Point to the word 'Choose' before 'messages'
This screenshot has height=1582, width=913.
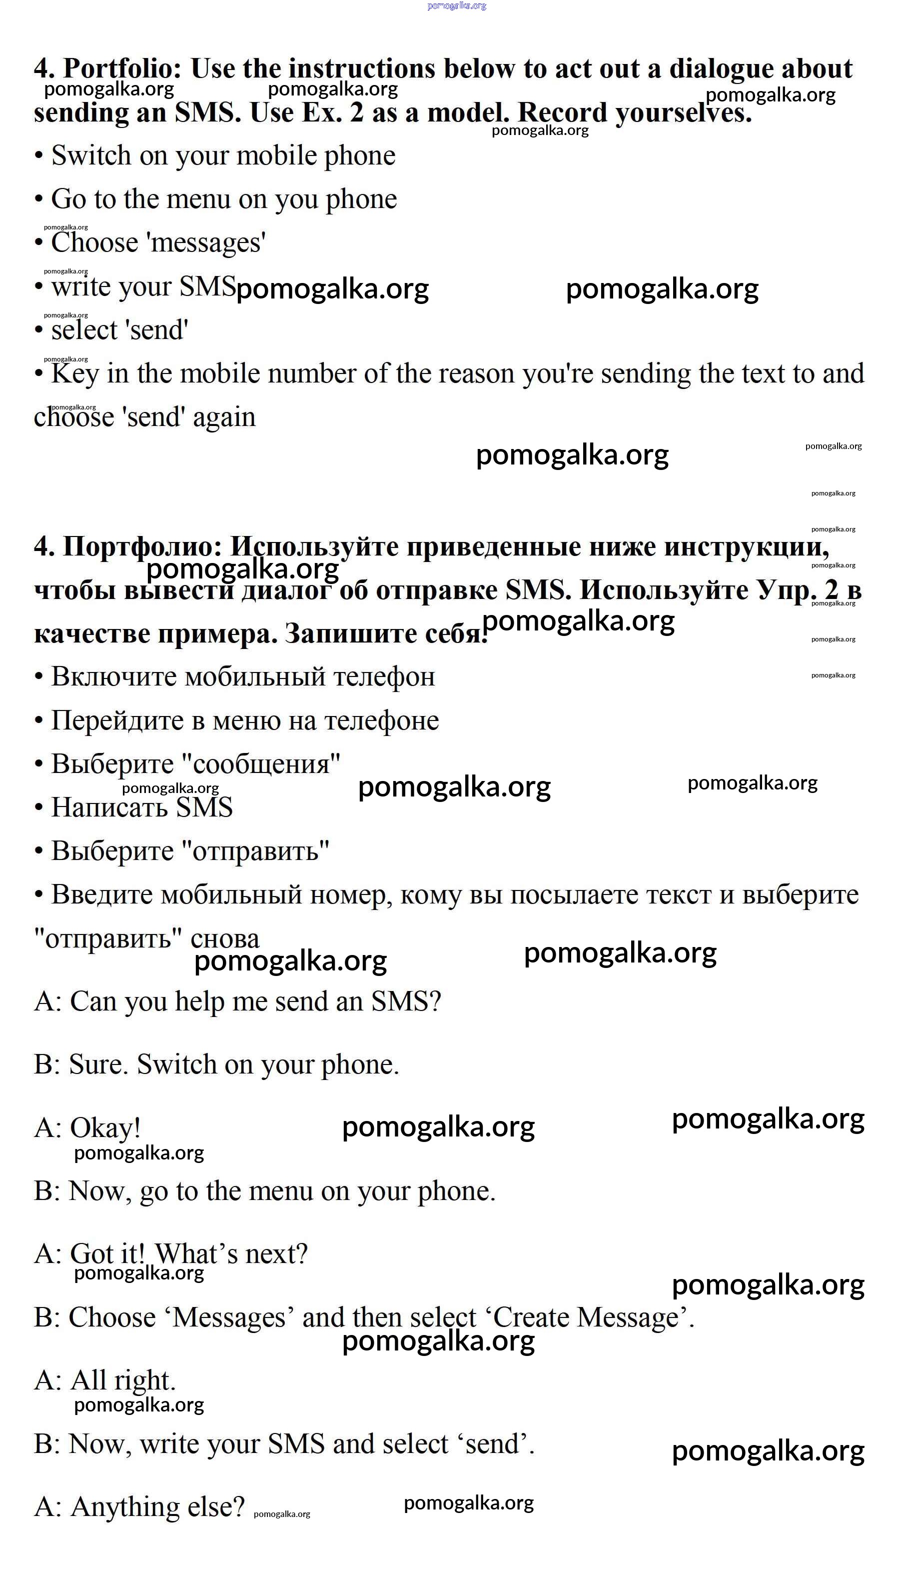[x=94, y=242]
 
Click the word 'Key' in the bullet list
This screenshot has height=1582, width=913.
[x=75, y=373]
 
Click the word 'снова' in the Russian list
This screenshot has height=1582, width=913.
[x=224, y=938]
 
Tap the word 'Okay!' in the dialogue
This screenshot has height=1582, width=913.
[x=105, y=1127]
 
